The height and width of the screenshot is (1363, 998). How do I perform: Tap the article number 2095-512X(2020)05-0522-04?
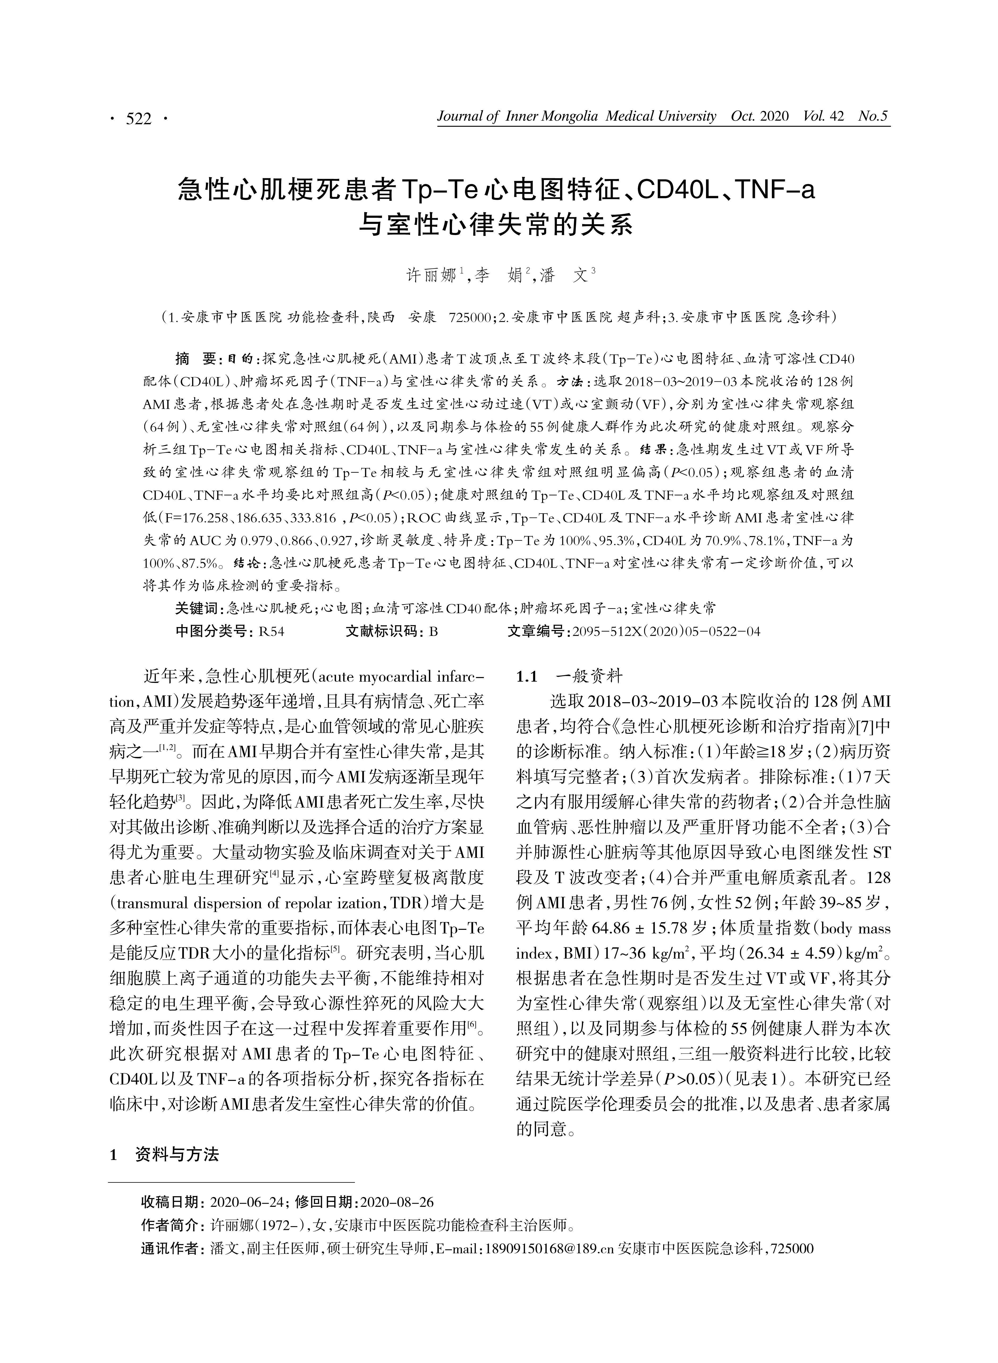666,632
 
